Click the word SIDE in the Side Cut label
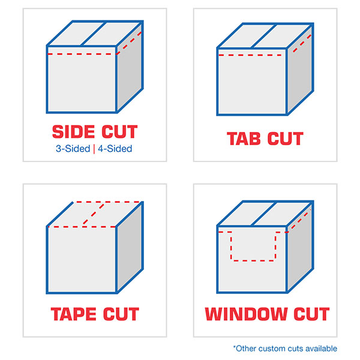[x=73, y=132]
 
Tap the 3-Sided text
[x=73, y=149]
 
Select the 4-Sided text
[x=115, y=149]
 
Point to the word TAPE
[x=73, y=314]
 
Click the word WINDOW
[x=245, y=314]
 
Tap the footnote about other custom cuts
[x=285, y=349]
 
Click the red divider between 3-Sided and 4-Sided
[x=94, y=149]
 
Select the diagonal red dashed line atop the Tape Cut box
[x=93, y=214]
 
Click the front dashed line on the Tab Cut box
[x=250, y=55]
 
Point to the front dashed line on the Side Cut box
[x=82, y=54]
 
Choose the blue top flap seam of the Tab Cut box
[x=263, y=36]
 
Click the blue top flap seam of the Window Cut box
[x=263, y=214]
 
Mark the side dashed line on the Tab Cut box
[x=302, y=43]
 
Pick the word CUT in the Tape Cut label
[x=121, y=314]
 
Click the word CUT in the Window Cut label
[x=311, y=314]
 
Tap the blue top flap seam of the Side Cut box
[x=93, y=34]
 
